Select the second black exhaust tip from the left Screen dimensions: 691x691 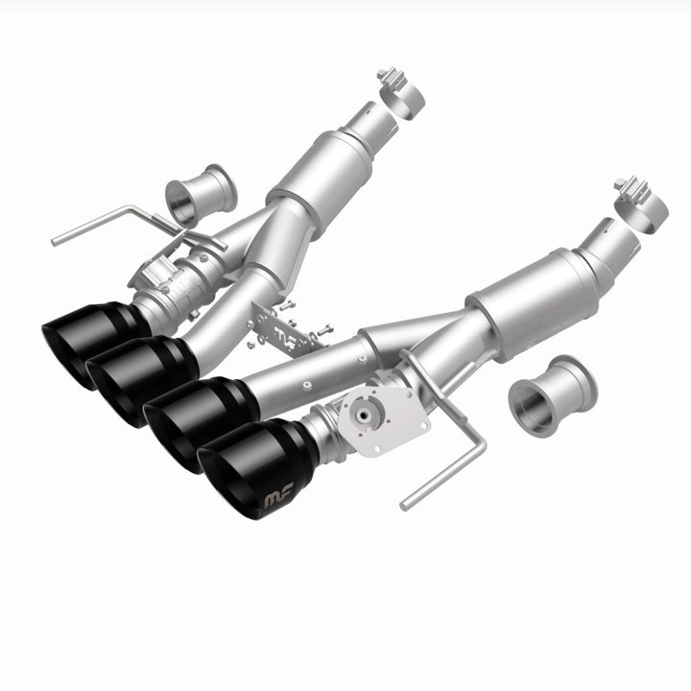tap(134, 378)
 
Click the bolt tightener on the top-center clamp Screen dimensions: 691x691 tap(388, 75)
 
